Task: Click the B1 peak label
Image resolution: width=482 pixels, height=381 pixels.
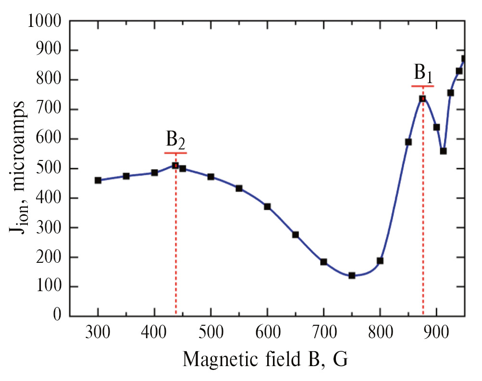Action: [x=423, y=74]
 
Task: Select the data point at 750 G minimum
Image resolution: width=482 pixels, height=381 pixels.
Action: [x=352, y=275]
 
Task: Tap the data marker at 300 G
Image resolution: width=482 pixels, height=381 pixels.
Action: [x=98, y=180]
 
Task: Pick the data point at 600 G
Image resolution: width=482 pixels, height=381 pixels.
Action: [x=267, y=207]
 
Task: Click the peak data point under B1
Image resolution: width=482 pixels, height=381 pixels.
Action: [x=422, y=98]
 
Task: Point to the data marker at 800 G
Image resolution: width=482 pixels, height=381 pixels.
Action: [x=380, y=260]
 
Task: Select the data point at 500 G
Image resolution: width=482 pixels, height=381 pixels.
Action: [x=211, y=177]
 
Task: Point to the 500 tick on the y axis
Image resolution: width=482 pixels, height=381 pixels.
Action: [x=51, y=169]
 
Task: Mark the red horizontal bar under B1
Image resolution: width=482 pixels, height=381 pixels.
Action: [x=423, y=86]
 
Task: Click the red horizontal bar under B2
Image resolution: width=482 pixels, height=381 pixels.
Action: [x=175, y=153]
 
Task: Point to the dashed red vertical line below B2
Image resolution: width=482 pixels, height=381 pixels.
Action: [x=176, y=240]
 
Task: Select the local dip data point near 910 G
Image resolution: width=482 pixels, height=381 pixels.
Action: [x=443, y=151]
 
